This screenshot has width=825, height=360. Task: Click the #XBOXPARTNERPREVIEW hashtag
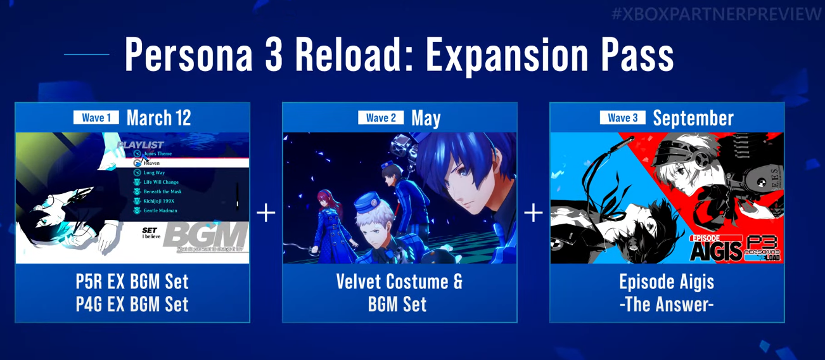tap(716, 15)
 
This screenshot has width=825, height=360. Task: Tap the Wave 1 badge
tap(96, 118)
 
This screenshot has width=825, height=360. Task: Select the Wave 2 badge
tap(381, 118)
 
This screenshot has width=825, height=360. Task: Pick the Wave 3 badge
tap(623, 118)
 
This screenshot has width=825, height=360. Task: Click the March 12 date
tap(158, 118)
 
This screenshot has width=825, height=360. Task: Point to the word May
tap(426, 119)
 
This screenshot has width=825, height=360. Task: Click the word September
tap(693, 118)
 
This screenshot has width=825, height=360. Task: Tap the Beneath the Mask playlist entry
tap(162, 191)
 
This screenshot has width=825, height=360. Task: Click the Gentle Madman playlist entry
tap(160, 210)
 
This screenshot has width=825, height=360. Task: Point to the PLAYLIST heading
tap(140, 145)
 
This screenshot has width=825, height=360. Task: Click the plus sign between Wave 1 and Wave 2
tap(266, 213)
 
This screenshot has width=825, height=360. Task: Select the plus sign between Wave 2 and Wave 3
tap(534, 213)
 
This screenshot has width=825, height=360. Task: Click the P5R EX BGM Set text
tap(132, 282)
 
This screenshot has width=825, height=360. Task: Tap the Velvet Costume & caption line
tap(399, 282)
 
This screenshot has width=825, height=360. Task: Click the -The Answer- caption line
tap(667, 305)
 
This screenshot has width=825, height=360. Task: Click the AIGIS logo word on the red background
tap(716, 251)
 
